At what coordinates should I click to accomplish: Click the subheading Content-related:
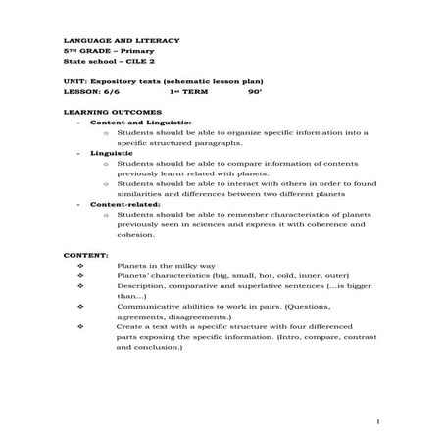pos(118,204)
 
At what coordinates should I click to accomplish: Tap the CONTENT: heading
pos(84,255)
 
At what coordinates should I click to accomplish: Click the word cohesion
pos(136,234)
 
